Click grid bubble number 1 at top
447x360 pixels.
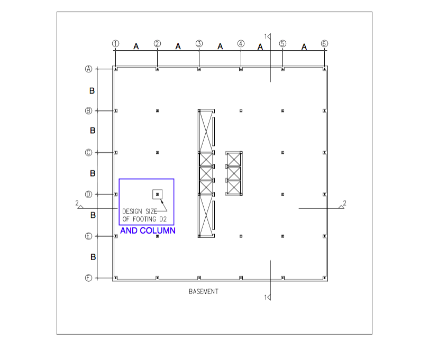pyautogui.click(x=115, y=43)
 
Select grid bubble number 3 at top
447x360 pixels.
pyautogui.click(x=199, y=43)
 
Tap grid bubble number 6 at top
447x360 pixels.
pyautogui.click(x=324, y=43)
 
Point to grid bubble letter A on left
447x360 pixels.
pyautogui.click(x=89, y=69)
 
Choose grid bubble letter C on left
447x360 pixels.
pyautogui.click(x=89, y=153)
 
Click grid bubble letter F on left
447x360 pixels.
pyautogui.click(x=89, y=278)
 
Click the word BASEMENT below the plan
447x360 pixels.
pyautogui.click(x=204, y=291)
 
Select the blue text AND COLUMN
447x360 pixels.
pyautogui.click(x=148, y=230)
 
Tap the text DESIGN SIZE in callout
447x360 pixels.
pyautogui.click(x=140, y=211)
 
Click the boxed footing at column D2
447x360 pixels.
pyautogui.click(x=157, y=195)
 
